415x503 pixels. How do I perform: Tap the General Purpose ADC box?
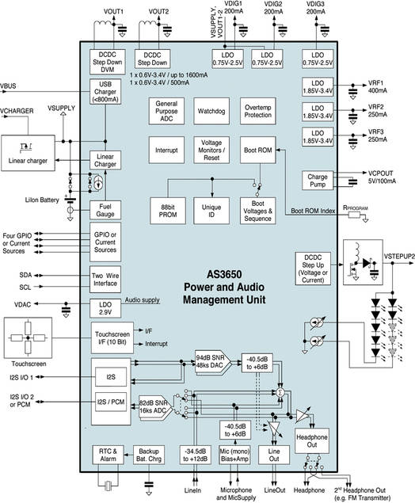tap(167, 110)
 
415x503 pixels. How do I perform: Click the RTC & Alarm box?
tap(109, 455)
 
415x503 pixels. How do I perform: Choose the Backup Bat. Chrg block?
tap(151, 455)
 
